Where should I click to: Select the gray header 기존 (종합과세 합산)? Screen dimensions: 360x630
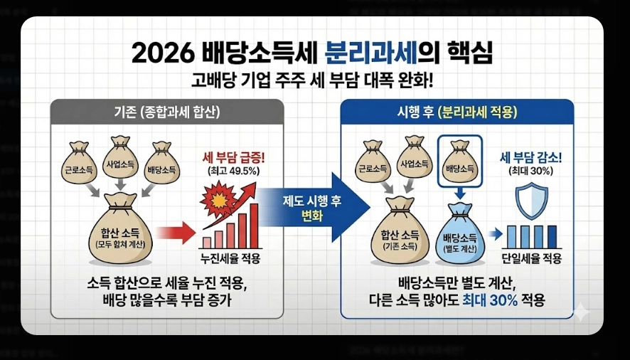[168, 112]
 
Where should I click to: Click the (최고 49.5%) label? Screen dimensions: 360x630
[230, 173]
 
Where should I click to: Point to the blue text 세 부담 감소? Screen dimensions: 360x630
[531, 157]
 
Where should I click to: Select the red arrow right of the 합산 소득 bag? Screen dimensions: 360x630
[175, 232]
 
